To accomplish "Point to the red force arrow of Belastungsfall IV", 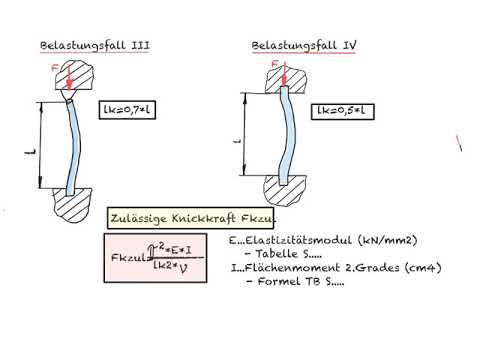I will pos(284,75).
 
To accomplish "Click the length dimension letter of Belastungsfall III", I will pos(25,152).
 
